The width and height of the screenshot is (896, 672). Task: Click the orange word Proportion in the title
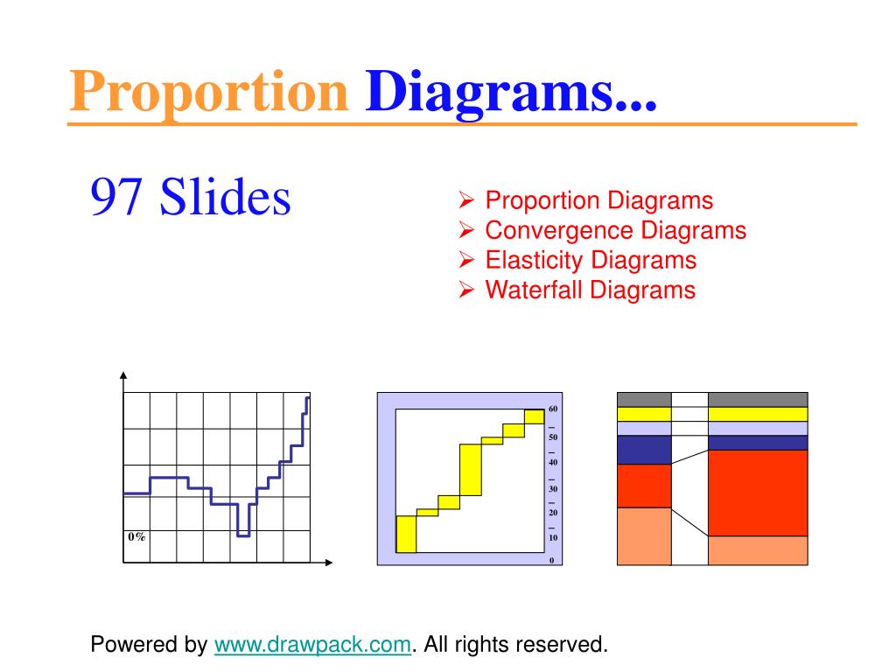pyautogui.click(x=208, y=92)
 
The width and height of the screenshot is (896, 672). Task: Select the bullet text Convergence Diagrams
pyautogui.click(x=615, y=230)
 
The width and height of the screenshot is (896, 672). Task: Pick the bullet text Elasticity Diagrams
pyautogui.click(x=591, y=260)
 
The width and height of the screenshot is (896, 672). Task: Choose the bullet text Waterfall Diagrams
pyautogui.click(x=590, y=290)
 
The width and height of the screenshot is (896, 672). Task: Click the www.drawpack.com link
pyautogui.click(x=312, y=646)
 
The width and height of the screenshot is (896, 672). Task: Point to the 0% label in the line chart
pyautogui.click(x=136, y=536)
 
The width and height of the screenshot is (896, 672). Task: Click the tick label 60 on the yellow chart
pyautogui.click(x=553, y=409)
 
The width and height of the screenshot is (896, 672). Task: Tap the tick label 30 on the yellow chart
pyautogui.click(x=553, y=488)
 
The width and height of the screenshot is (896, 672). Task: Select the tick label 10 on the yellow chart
pyautogui.click(x=553, y=538)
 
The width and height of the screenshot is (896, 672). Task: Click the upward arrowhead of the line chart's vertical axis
pyautogui.click(x=123, y=375)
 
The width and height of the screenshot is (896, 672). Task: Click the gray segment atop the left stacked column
pyautogui.click(x=643, y=399)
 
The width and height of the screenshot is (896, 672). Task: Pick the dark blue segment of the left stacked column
pyautogui.click(x=643, y=450)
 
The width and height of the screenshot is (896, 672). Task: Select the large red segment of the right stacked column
pyautogui.click(x=758, y=493)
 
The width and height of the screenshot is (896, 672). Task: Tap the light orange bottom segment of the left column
pyautogui.click(x=643, y=536)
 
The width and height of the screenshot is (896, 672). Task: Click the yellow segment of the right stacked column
pyautogui.click(x=758, y=414)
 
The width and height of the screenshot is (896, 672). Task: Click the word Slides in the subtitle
pyautogui.click(x=226, y=197)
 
